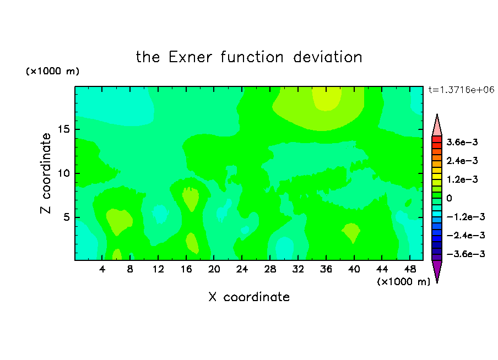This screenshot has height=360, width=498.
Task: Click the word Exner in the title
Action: [190, 57]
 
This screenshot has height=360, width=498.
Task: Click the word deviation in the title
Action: [327, 57]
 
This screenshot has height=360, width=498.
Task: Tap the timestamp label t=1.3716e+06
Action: [461, 90]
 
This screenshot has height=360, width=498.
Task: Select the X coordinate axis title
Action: [249, 297]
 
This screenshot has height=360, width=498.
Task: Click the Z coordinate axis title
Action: [46, 173]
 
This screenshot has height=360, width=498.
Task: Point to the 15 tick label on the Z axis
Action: [63, 129]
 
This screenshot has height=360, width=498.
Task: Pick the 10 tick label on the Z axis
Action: [63, 173]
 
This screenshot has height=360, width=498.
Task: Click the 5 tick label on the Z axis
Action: [66, 217]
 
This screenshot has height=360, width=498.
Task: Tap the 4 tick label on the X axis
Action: [102, 269]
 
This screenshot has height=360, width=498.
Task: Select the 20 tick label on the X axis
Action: [214, 269]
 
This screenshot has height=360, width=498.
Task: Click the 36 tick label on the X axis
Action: [326, 269]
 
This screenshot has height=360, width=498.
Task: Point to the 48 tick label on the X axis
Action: [410, 269]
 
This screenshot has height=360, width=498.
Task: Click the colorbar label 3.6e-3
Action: [462, 142]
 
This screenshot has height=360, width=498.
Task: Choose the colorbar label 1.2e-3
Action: [462, 179]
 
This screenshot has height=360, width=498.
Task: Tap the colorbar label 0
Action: [449, 198]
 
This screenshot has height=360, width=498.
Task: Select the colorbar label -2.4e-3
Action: [465, 235]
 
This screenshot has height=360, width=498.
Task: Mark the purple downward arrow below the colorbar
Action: [437, 270]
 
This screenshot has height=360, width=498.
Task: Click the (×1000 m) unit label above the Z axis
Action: [52, 71]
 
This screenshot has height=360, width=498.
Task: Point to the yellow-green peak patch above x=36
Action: [327, 99]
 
